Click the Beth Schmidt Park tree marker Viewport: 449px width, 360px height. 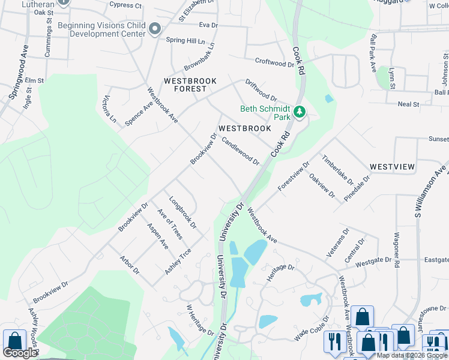coord(300,112)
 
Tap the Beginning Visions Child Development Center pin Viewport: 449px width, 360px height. coord(155,29)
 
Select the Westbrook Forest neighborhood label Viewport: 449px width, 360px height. coord(185,85)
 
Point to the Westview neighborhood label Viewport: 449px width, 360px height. coord(392,166)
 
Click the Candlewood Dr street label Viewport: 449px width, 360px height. coord(240,151)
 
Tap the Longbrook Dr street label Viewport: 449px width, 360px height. coord(182,212)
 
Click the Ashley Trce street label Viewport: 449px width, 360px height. coord(178,262)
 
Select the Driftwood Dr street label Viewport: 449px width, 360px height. coord(261,90)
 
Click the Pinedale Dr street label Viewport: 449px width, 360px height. coord(358,188)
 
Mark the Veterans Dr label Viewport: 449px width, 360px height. coord(337,243)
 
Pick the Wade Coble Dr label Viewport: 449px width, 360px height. coord(312,329)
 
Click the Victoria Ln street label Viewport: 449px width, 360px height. coord(109,108)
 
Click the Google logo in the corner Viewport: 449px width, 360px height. coord(20,353)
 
